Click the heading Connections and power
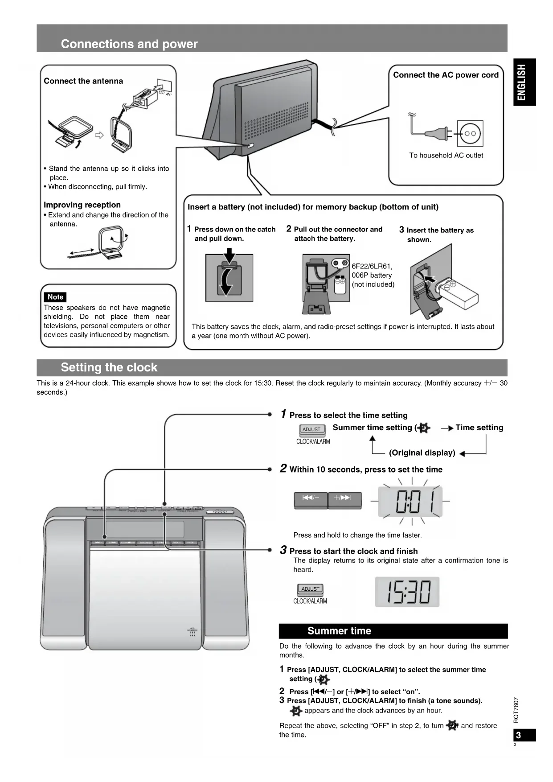(129, 44)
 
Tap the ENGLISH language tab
(524, 82)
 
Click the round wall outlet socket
(470, 133)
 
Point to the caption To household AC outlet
(446, 155)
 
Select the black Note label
(55, 297)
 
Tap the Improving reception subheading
(82, 205)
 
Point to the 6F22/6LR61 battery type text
(372, 266)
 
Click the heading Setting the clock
(109, 367)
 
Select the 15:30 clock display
(407, 592)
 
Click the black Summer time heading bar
(393, 631)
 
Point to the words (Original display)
(422, 453)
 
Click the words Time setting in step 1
(479, 428)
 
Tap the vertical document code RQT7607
(516, 710)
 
